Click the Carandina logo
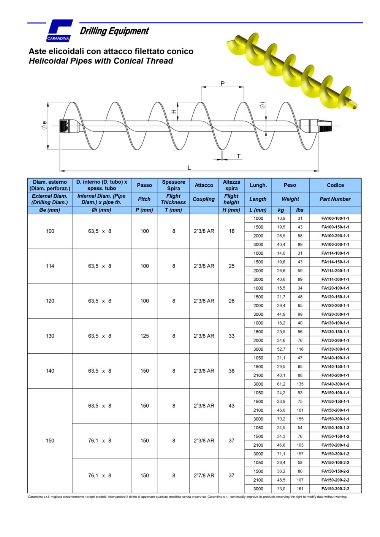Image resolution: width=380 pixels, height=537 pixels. (59, 31)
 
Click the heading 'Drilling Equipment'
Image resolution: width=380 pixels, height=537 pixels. (114, 31)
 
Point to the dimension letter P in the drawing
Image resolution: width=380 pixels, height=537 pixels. (223, 83)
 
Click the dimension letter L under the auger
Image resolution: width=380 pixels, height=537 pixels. (189, 167)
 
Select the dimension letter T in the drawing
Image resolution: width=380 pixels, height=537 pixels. (239, 156)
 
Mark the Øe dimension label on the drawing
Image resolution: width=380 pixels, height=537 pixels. (44, 125)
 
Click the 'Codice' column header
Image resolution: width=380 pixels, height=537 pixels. (335, 185)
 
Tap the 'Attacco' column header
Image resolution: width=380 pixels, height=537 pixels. (204, 185)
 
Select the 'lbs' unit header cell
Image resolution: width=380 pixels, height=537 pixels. (300, 210)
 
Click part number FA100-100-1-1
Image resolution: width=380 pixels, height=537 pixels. (335, 218)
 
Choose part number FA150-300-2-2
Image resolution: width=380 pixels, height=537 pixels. (335, 489)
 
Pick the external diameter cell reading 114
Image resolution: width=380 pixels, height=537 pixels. (50, 266)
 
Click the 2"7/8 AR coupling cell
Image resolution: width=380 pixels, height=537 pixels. (204, 476)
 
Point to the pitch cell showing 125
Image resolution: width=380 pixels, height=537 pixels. (144, 336)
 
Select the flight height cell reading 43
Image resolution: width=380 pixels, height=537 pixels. (231, 406)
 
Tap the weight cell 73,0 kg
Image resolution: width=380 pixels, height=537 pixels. (281, 489)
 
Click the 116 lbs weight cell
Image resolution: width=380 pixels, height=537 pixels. (300, 349)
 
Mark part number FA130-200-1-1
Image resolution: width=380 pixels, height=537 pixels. (335, 340)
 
